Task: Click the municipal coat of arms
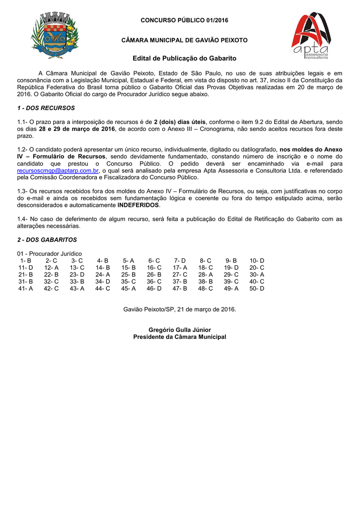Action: point(55,34)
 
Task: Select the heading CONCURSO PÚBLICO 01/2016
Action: point(179,20)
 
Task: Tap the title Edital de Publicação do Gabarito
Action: point(179,59)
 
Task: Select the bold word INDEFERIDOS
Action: point(139,205)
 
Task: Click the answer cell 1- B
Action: point(26,260)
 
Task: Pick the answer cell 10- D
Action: point(257,260)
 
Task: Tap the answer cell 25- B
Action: point(128,274)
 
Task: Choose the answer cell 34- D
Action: point(103,281)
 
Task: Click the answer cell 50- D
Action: point(257,288)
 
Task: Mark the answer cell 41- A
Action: point(26,288)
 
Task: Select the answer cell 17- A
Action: point(180,267)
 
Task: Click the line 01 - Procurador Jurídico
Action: point(50,254)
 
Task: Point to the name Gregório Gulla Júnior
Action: point(179,330)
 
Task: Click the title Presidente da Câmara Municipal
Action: point(179,337)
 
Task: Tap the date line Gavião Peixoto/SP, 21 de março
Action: point(179,309)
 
